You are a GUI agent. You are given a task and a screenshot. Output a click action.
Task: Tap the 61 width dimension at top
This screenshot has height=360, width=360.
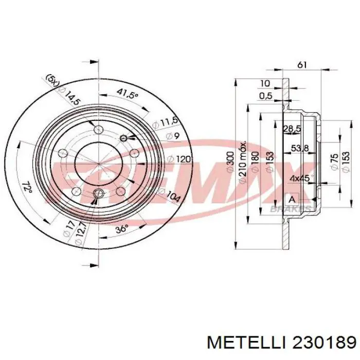[x=302, y=65]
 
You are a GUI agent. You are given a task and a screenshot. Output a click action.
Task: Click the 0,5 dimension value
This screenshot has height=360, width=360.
[x=265, y=96]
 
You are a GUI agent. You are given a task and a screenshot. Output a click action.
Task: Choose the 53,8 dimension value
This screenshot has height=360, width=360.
[x=300, y=149]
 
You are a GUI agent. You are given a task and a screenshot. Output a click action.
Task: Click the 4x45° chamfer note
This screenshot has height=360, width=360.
[x=300, y=179]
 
